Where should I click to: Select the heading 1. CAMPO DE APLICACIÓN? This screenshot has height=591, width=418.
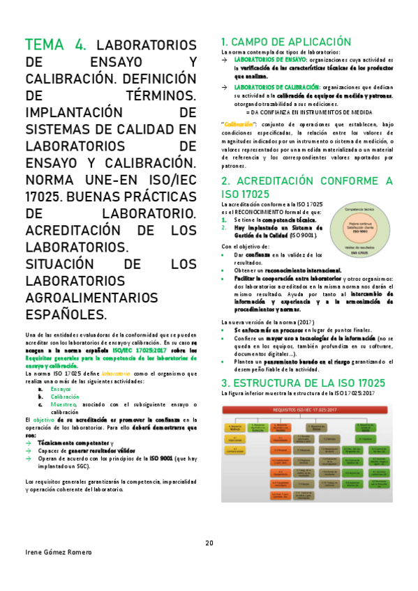tap(285, 41)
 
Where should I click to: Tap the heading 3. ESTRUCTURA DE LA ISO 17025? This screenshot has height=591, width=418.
tap(303, 383)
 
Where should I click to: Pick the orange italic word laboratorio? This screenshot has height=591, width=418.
tap(119, 374)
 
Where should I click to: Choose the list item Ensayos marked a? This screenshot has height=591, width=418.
tap(61, 388)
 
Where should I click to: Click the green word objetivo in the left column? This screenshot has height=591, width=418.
tap(44, 420)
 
